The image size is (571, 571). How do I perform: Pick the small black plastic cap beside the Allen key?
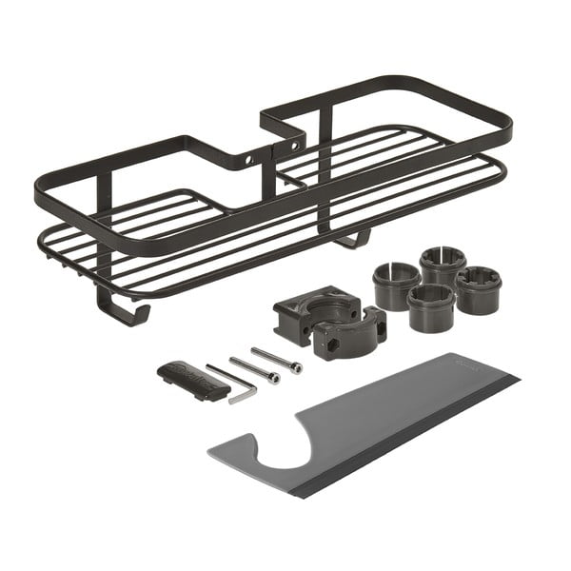tap(191, 379)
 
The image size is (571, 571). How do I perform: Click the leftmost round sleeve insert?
tap(396, 285)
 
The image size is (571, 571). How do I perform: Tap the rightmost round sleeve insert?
tap(478, 288)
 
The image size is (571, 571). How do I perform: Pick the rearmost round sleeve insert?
tap(443, 264)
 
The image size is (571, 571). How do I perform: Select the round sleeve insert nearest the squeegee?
tap(431, 307)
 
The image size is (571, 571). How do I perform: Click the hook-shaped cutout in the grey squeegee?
tap(285, 455)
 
